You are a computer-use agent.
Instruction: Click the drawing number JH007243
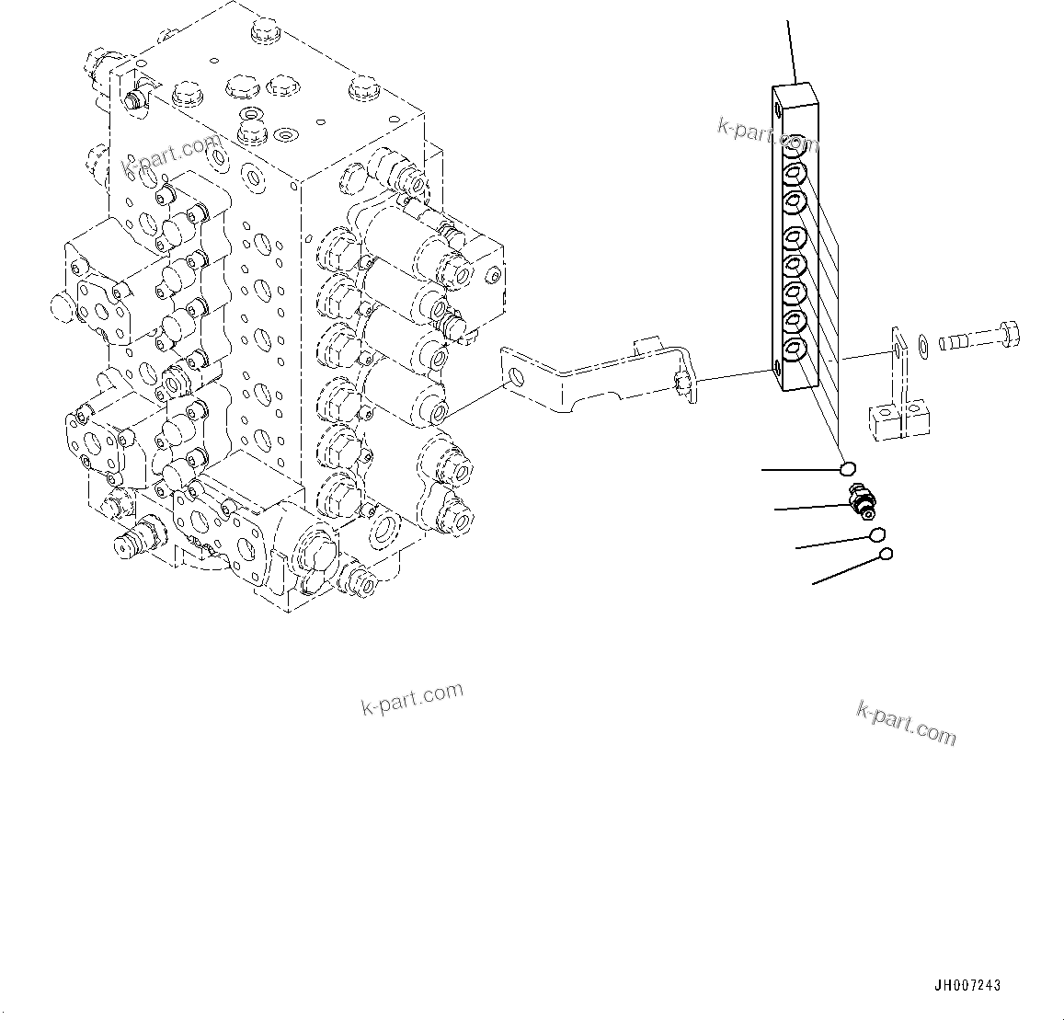point(967,986)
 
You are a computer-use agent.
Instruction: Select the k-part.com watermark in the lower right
point(906,723)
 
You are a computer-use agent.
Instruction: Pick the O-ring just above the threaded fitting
point(847,470)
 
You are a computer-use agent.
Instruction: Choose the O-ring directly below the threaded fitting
point(877,535)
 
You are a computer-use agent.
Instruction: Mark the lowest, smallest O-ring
point(886,554)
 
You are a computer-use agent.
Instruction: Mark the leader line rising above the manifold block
point(790,51)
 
